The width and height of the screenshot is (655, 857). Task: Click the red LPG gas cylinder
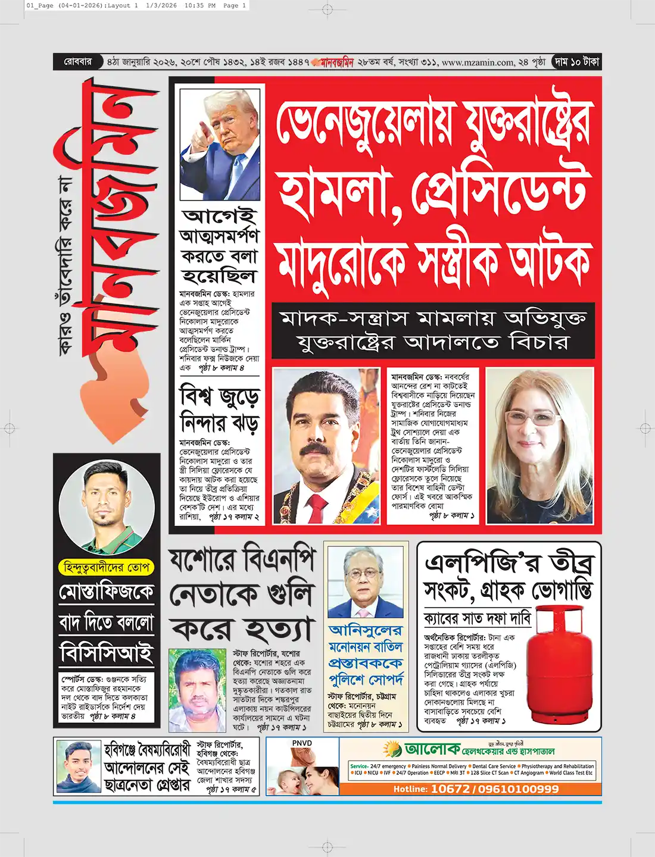point(560,667)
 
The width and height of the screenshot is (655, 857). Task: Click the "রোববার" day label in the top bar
point(78,62)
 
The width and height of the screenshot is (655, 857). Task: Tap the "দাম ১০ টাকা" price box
point(576,62)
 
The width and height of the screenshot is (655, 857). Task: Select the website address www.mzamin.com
point(478,62)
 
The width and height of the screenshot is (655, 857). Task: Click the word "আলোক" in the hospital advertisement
point(432,749)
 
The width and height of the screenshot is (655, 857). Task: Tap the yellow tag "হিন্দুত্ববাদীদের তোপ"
point(107,567)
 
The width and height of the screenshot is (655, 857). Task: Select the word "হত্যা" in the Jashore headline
point(273,630)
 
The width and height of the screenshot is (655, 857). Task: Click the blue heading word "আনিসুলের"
point(366,630)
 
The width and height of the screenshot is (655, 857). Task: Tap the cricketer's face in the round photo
point(105,494)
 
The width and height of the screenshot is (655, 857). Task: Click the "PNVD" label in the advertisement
point(302,743)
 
